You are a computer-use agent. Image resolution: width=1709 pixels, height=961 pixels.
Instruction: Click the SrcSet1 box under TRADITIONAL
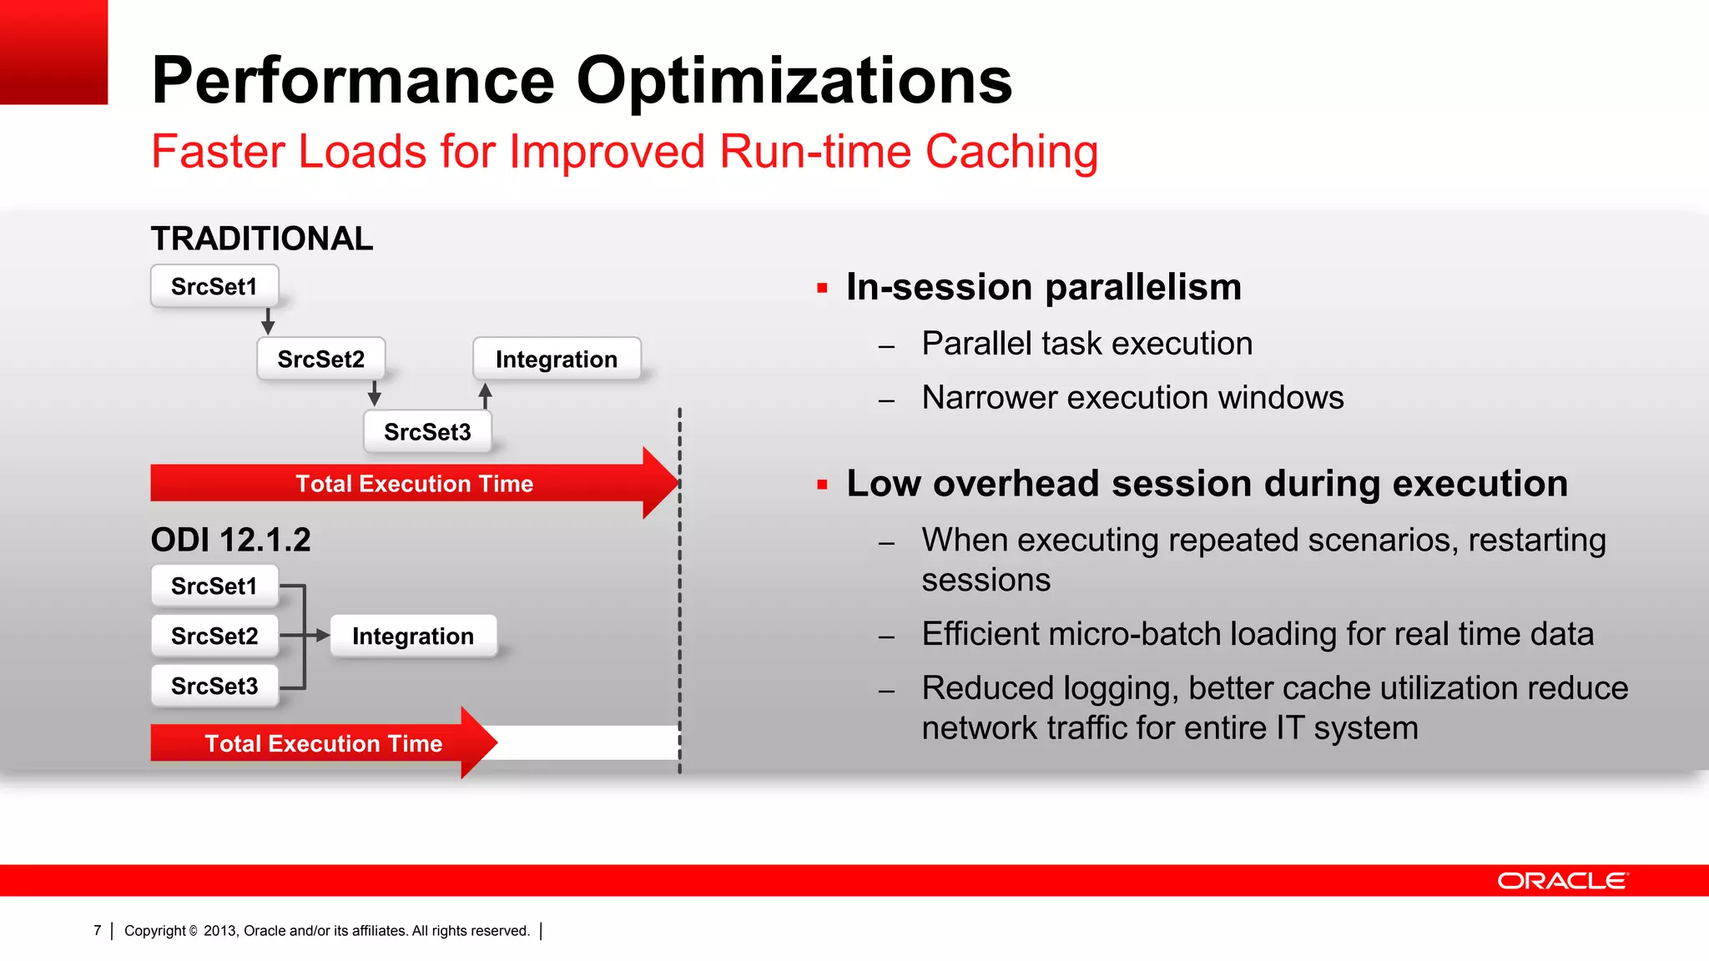point(214,286)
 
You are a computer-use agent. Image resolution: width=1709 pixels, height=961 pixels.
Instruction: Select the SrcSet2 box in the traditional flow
point(321,359)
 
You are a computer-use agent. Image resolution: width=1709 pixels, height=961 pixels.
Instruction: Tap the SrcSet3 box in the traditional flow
point(427,431)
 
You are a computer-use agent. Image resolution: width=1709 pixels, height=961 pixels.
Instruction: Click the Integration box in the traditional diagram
point(557,359)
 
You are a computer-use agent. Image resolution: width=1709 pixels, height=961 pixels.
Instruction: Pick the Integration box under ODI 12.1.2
point(413,636)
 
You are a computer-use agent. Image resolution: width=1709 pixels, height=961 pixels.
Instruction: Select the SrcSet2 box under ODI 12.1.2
point(214,636)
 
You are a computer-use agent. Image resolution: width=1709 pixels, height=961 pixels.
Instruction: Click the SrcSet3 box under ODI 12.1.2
point(214,686)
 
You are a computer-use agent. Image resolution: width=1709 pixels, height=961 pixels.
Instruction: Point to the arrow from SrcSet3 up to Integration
point(485,395)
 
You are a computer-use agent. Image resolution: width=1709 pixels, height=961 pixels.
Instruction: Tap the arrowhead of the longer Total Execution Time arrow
point(660,483)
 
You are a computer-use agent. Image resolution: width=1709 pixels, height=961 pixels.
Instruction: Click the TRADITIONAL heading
point(261,239)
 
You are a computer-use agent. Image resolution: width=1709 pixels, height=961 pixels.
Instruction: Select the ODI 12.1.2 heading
point(230,540)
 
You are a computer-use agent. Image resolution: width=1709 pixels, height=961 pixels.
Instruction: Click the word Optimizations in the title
point(794,81)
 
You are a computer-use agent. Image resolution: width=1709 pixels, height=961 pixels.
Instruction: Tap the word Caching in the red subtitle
point(1011,152)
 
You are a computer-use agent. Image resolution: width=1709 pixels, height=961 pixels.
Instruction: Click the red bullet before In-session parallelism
point(822,289)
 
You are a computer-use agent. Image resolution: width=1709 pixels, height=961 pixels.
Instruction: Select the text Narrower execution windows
point(1132,397)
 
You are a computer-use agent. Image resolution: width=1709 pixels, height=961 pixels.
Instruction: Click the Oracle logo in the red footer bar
point(1562,881)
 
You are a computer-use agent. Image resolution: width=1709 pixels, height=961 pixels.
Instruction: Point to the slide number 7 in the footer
point(98,930)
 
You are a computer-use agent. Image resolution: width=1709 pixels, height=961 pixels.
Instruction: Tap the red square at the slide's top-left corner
point(53,52)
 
